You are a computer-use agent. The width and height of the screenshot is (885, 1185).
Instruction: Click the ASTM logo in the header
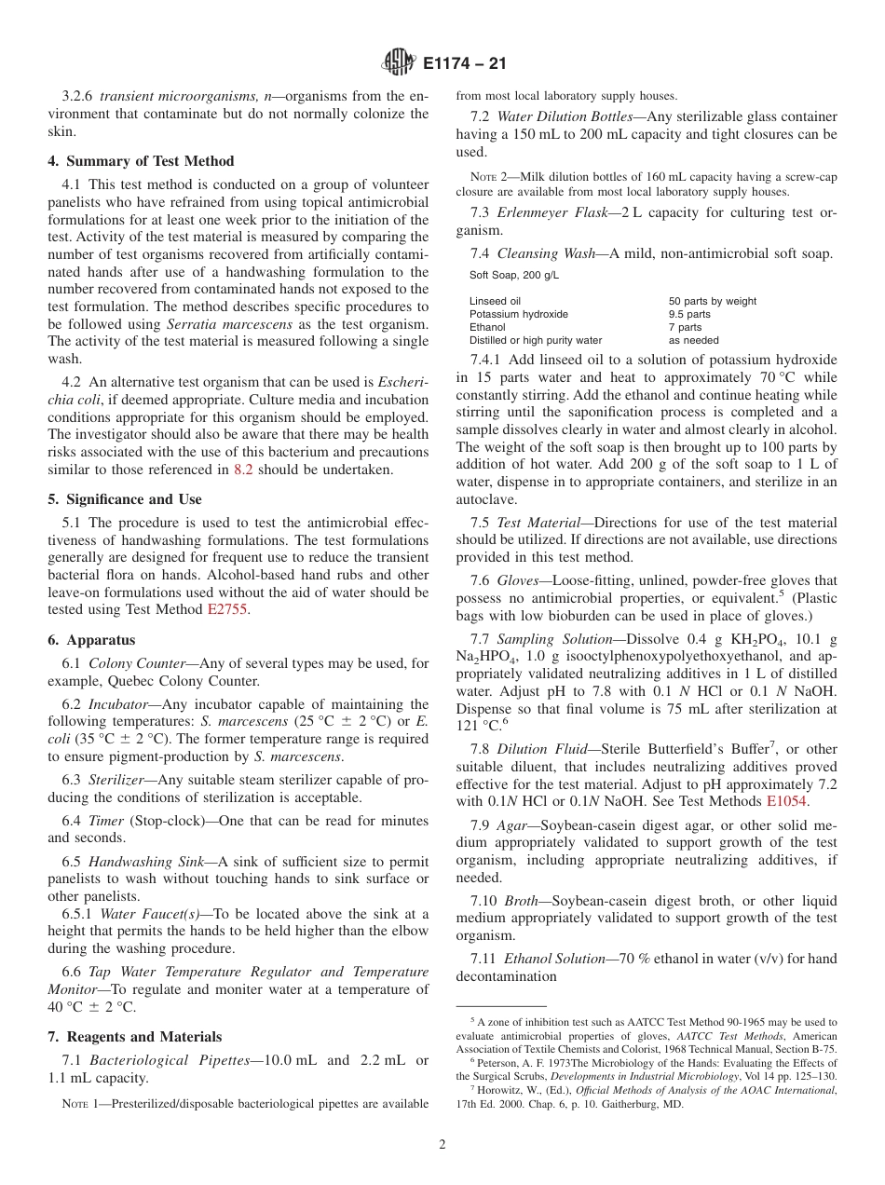(x=399, y=63)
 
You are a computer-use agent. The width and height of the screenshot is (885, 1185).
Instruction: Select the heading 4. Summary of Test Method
(x=141, y=161)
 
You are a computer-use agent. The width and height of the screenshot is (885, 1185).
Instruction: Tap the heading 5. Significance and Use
(x=125, y=499)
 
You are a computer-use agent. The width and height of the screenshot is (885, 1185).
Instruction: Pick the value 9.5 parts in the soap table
(x=689, y=314)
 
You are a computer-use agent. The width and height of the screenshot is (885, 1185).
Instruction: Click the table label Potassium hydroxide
(x=519, y=314)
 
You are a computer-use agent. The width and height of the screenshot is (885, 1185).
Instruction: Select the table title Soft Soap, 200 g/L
(x=514, y=275)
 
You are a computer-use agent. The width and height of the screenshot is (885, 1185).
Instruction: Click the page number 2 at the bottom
(x=442, y=1145)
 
